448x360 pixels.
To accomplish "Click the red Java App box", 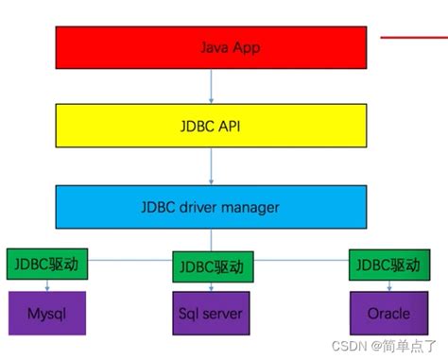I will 211,46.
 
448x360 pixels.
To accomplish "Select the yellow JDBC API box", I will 211,126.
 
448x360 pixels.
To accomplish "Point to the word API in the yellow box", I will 232,126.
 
